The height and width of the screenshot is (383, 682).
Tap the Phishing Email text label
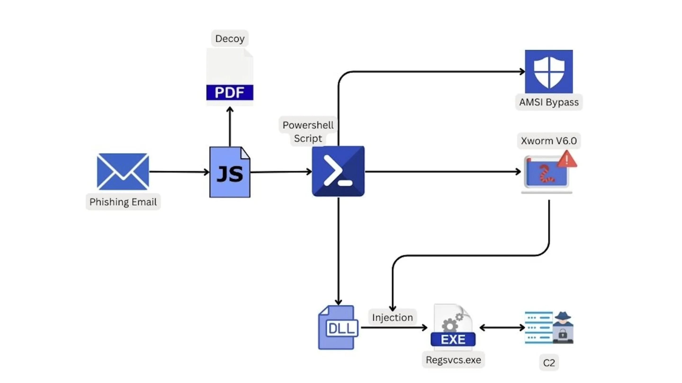tap(123, 202)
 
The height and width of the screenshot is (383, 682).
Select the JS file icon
tap(230, 172)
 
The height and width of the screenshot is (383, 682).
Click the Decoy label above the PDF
tap(229, 39)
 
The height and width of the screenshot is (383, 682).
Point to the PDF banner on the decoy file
tap(229, 92)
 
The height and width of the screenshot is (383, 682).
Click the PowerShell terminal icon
tap(338, 171)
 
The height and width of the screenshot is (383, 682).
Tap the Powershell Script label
tap(308, 132)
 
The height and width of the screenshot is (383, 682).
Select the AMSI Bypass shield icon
tap(549, 71)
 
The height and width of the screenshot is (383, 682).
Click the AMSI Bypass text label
tap(549, 102)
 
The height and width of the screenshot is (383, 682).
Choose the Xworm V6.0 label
tap(549, 141)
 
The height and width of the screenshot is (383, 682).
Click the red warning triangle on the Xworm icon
tap(567, 160)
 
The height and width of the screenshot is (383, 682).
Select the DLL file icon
tap(338, 328)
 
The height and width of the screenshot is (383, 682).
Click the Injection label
tap(392, 317)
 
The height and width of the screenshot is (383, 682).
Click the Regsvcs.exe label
tap(453, 360)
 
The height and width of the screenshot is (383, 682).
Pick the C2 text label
tap(549, 363)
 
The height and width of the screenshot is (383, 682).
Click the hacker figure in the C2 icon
tap(563, 328)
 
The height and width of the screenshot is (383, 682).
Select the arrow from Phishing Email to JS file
tap(179, 172)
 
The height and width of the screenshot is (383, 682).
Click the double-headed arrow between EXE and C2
tap(502, 328)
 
